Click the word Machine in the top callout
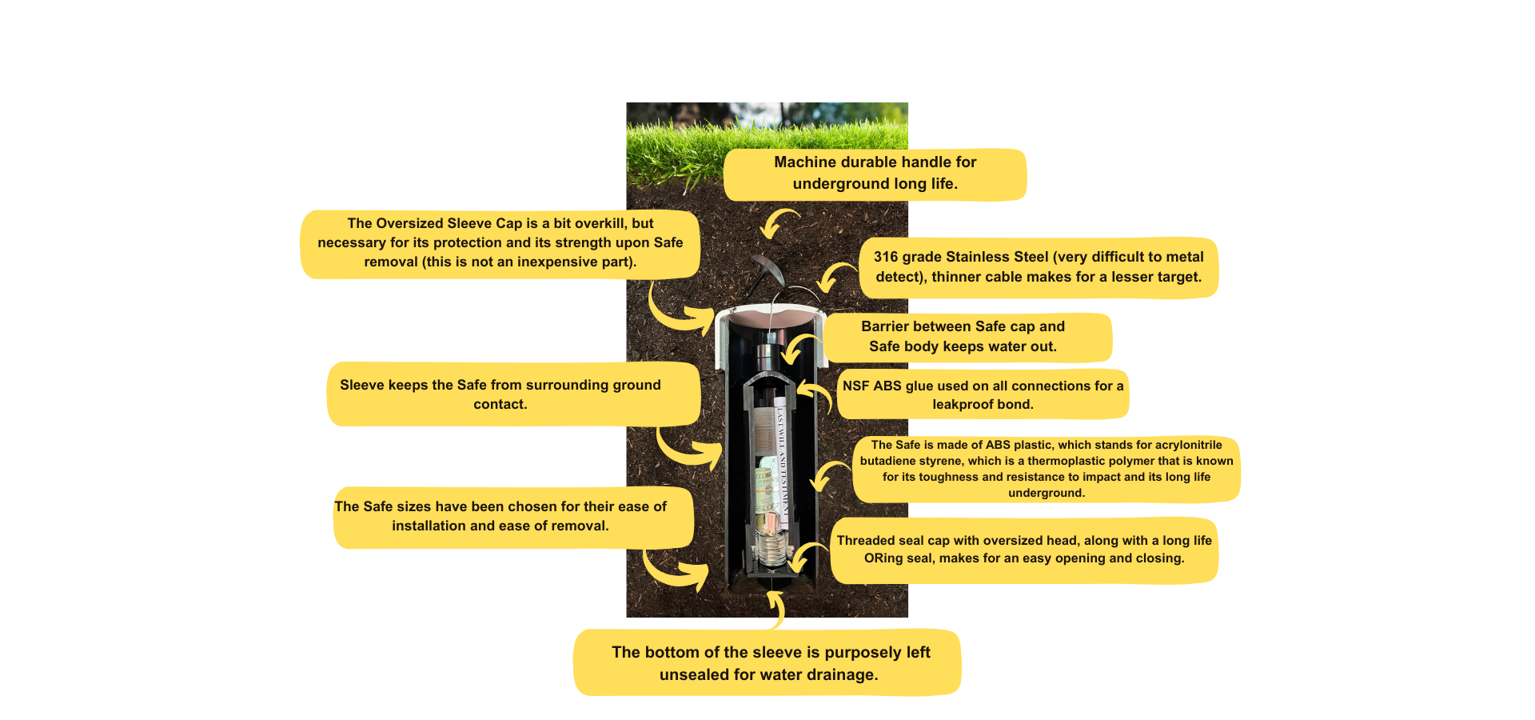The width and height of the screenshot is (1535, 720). point(806,162)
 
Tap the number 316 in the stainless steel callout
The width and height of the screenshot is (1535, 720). point(886,257)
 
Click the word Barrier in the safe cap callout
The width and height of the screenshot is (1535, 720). point(886,326)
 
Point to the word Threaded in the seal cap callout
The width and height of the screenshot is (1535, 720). point(866,541)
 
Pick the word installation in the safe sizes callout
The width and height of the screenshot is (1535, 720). point(429,526)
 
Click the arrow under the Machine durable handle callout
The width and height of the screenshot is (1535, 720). point(779,223)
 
